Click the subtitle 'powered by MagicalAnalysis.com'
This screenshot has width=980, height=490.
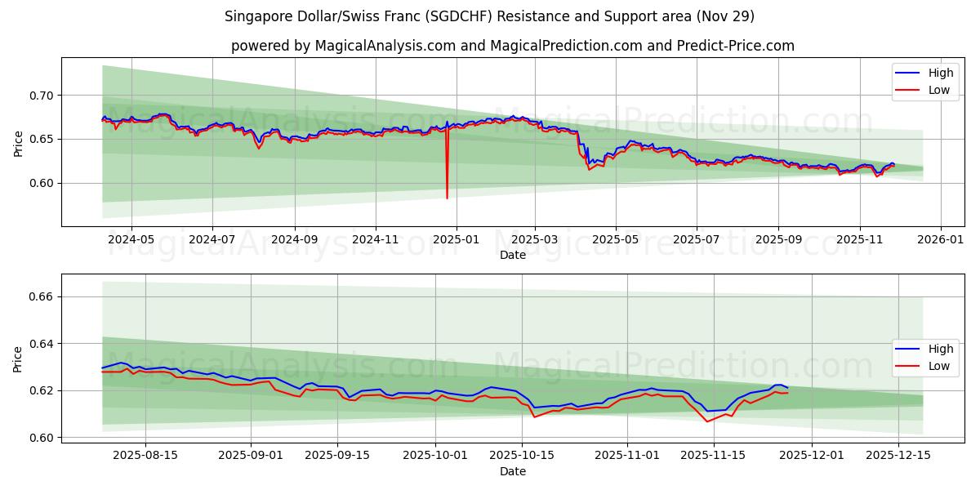pyautogui.click(x=343, y=46)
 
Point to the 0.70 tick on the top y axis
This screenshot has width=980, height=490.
pyautogui.click(x=41, y=96)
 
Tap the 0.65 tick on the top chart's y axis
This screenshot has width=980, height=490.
pyautogui.click(x=41, y=140)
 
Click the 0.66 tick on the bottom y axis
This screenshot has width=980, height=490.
pyautogui.click(x=41, y=296)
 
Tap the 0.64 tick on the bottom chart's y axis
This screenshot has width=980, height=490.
pyautogui.click(x=41, y=344)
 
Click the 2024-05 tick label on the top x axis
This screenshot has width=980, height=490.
pyautogui.click(x=131, y=240)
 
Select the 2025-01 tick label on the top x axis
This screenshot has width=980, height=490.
pyautogui.click(x=456, y=240)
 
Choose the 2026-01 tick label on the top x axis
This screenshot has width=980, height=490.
pyautogui.click(x=941, y=240)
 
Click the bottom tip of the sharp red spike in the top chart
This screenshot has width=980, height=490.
pyautogui.click(x=447, y=198)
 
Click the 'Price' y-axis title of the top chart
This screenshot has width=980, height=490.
pyautogui.click(x=18, y=143)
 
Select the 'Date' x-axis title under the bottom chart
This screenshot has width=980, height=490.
pyautogui.click(x=512, y=471)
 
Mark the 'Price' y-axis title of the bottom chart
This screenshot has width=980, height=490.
pyautogui.click(x=18, y=359)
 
